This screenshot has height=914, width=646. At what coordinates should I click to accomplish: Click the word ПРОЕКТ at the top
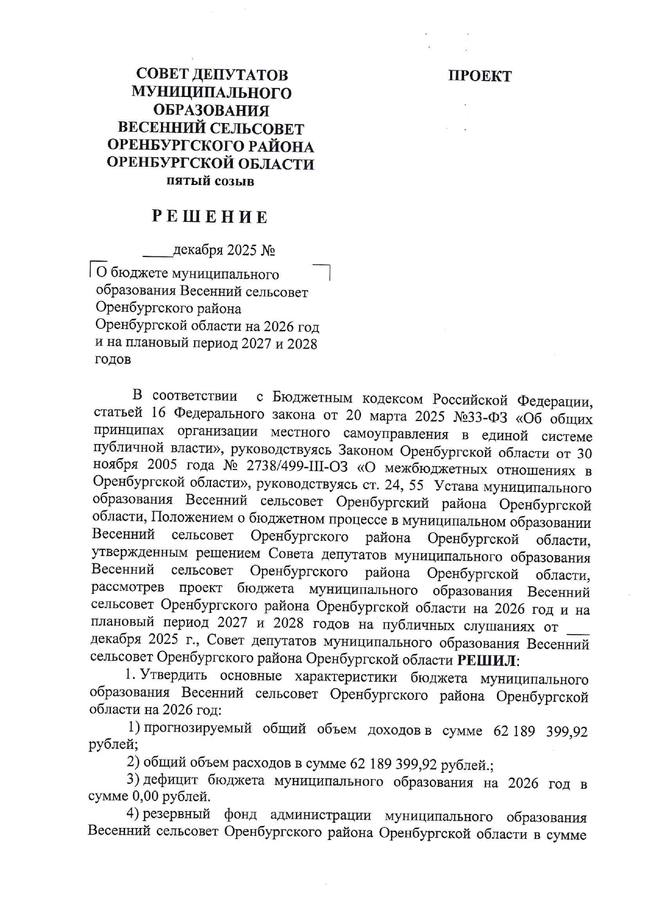[x=480, y=76]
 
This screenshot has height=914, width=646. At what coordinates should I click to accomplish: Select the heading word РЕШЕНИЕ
[x=210, y=217]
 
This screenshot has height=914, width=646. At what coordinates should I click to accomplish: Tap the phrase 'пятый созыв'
[x=210, y=182]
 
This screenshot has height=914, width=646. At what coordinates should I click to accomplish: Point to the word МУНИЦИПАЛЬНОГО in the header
[x=211, y=93]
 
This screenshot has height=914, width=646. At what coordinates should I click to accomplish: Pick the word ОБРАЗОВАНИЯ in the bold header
[x=211, y=110]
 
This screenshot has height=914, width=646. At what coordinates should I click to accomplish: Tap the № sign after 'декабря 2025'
[x=268, y=251]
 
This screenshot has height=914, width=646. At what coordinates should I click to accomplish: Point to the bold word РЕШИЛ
[x=487, y=661]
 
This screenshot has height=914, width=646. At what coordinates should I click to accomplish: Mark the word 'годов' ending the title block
[x=112, y=360]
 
